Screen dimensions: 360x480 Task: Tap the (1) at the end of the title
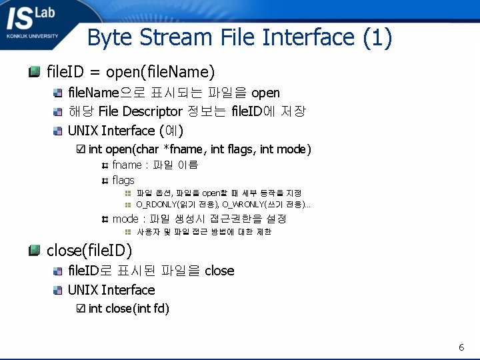tap(377, 37)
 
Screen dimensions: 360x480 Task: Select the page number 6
tap(461, 347)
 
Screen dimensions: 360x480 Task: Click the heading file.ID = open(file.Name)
tap(131, 71)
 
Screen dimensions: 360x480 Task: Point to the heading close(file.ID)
tap(89, 251)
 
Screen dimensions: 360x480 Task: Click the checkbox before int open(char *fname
tap(81, 149)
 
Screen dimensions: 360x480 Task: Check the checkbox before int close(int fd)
tap(81, 308)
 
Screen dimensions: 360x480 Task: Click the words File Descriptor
tap(140, 111)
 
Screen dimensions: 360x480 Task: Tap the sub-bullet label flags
tap(123, 180)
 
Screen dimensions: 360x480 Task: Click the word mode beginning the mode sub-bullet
tap(125, 219)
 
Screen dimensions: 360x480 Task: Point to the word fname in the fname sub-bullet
tap(126, 165)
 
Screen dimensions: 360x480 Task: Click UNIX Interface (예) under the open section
tap(125, 130)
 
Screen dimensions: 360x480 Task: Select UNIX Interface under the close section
tap(111, 290)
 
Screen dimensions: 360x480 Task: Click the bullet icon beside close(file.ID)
tap(35, 251)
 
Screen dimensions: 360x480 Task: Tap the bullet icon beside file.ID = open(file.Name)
tap(35, 71)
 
